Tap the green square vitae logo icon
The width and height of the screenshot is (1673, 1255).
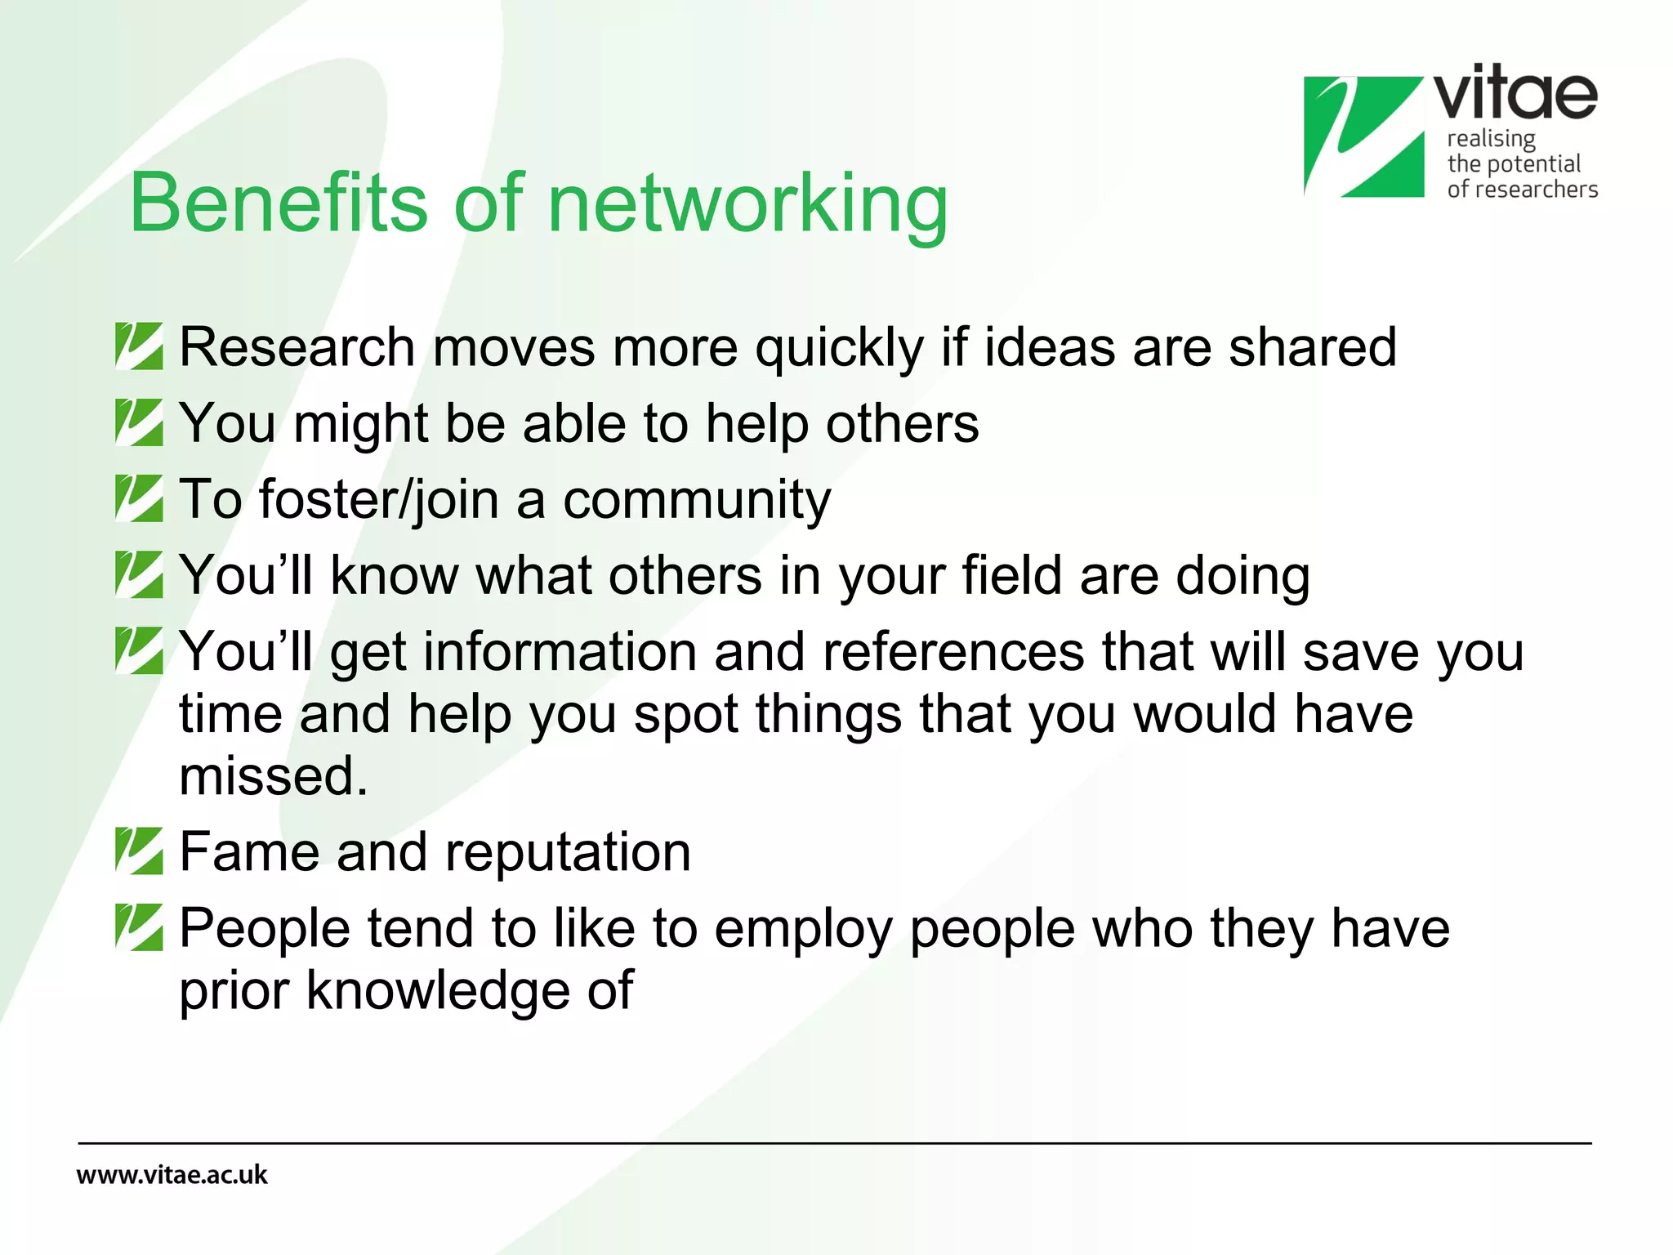[1363, 136]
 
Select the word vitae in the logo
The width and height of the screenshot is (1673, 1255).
[1515, 94]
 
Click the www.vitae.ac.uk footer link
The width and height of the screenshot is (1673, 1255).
[172, 1175]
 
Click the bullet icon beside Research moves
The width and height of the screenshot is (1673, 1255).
[139, 346]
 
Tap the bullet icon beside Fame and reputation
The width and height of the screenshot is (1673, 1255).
[139, 851]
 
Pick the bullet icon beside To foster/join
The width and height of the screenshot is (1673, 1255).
[139, 498]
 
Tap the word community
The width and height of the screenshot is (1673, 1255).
[697, 500]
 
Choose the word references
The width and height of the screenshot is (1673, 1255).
[952, 652]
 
